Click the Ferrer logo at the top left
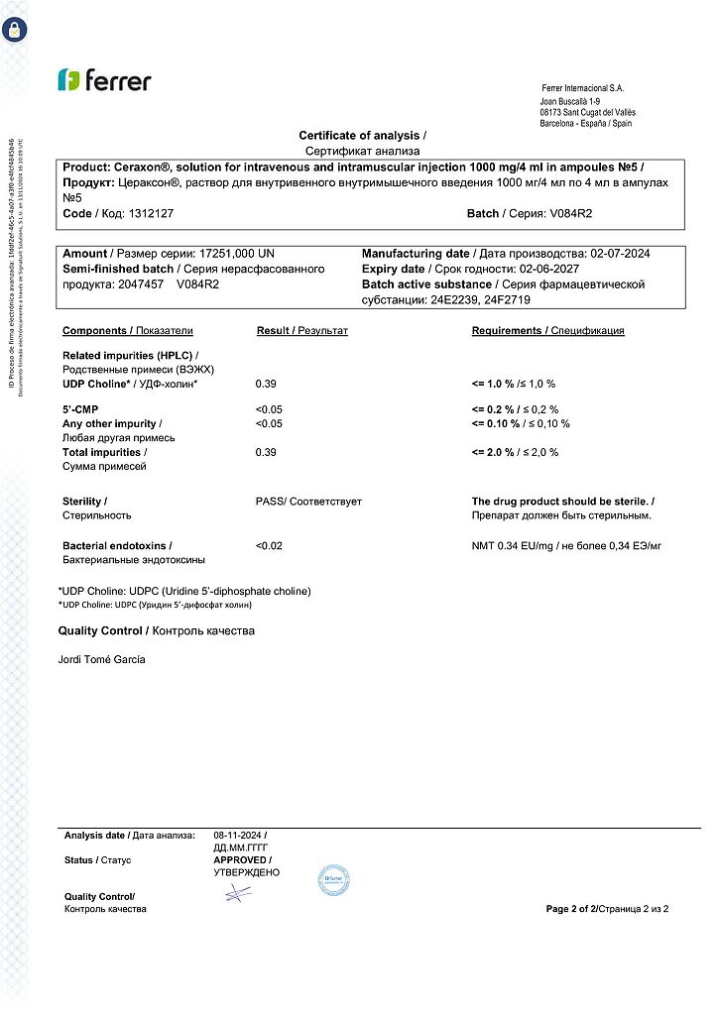[104, 80]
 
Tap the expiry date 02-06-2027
[571, 270]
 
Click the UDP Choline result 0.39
[266, 384]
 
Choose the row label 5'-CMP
[80, 409]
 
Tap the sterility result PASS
[270, 502]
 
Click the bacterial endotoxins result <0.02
[269, 546]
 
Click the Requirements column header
[509, 331]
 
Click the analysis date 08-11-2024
[238, 836]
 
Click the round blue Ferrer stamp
[333, 879]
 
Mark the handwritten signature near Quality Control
[238, 894]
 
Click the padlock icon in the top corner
[15, 28]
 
